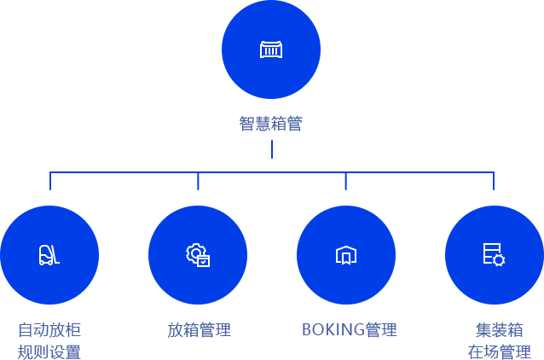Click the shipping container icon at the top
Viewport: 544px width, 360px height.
[271, 49]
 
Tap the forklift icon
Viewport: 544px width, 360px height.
[49, 254]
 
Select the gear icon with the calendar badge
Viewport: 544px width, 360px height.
[198, 254]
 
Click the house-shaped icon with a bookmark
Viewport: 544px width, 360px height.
[345, 255]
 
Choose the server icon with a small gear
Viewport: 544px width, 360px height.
[494, 254]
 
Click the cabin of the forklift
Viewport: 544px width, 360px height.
[44, 252]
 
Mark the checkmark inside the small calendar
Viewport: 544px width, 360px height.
[203, 262]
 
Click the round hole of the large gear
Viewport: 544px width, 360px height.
[195, 253]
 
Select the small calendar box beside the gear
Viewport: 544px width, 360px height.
[203, 261]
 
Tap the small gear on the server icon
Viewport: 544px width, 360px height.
[499, 260]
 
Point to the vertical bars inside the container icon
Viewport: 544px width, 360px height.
[271, 51]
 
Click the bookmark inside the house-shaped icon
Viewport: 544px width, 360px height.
[345, 258]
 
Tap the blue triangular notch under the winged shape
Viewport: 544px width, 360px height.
[272, 144]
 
